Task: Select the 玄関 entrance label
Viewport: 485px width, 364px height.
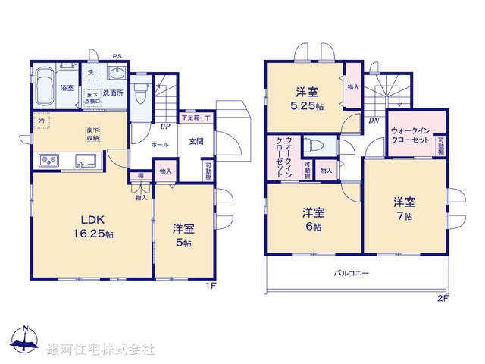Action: pyautogui.click(x=195, y=141)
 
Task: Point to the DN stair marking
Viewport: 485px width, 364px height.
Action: pyautogui.click(x=374, y=121)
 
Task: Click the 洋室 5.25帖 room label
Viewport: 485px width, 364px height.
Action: pyautogui.click(x=306, y=98)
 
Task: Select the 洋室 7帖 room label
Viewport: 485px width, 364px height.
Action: pyautogui.click(x=403, y=209)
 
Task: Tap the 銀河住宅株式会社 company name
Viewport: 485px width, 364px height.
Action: pyautogui.click(x=101, y=349)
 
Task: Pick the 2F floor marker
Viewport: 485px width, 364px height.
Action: pyautogui.click(x=443, y=298)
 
